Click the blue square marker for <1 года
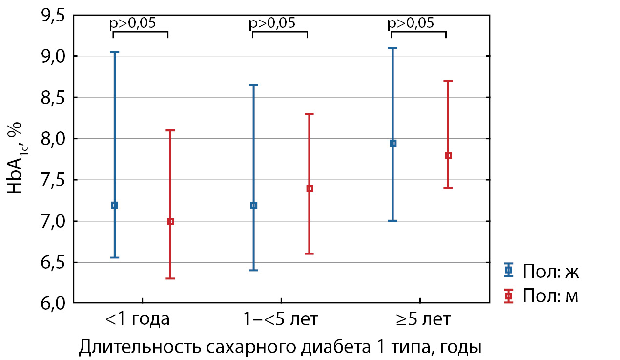115,205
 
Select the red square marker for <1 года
170,222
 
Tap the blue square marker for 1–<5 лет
254,205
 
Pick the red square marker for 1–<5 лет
310,189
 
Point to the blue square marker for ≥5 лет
393,143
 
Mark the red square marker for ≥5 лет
448,156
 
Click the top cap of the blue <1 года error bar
115,52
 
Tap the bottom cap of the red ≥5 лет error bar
448,188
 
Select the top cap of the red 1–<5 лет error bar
310,114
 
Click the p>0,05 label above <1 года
133,23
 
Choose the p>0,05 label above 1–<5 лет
272,23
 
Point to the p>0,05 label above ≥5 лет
411,23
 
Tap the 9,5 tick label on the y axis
52,16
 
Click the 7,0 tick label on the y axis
52,222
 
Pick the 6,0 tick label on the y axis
52,304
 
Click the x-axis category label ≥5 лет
424,320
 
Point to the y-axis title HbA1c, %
18,160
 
